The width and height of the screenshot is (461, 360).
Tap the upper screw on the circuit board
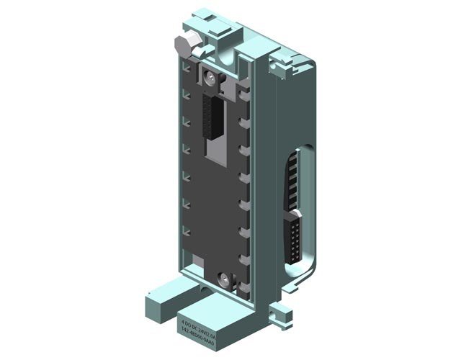pyautogui.click(x=210, y=77)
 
